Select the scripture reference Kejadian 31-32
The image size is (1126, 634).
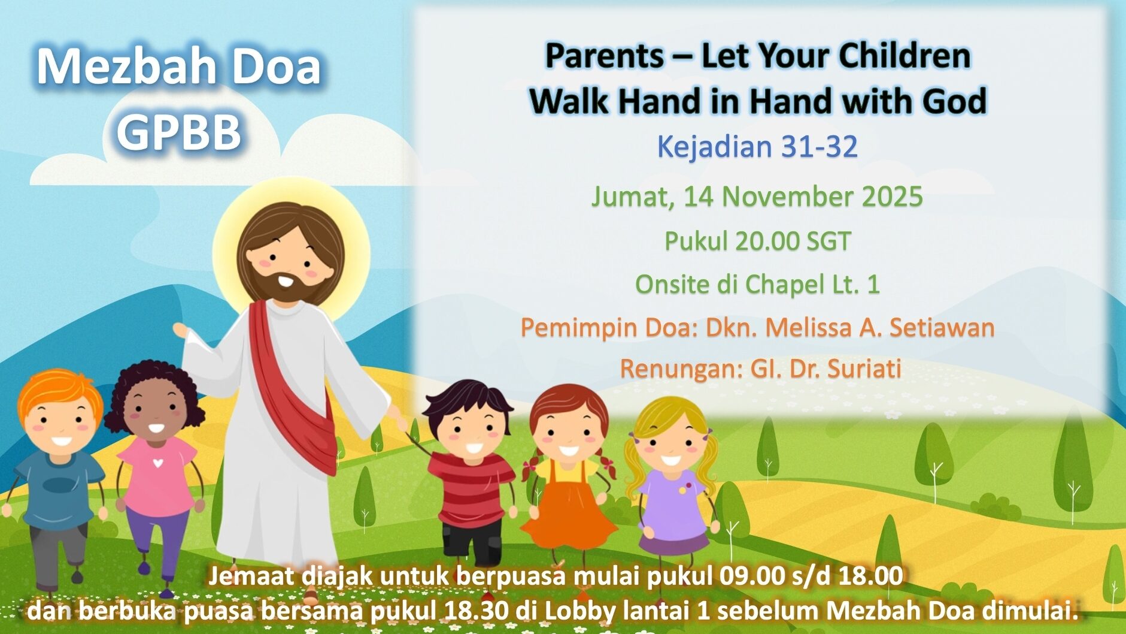(757, 147)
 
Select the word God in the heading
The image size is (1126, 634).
(954, 101)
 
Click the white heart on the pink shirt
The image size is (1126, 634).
(157, 463)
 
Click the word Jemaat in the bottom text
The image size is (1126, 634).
(251, 576)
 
